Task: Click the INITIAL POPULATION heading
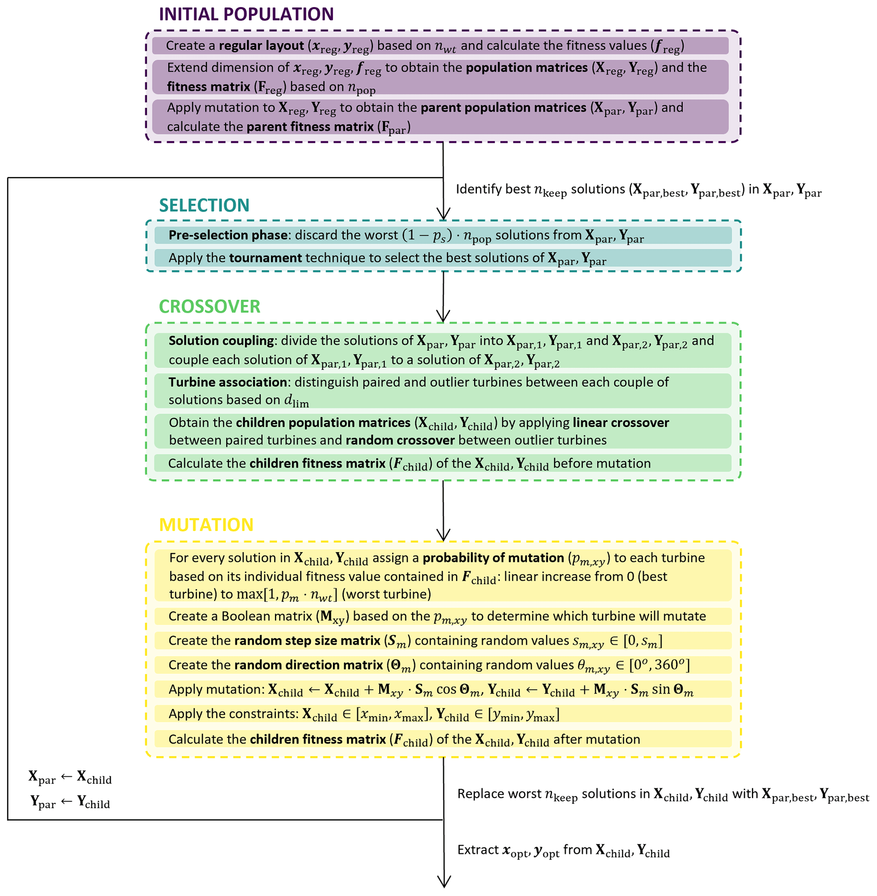(x=246, y=14)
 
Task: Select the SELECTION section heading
(x=204, y=205)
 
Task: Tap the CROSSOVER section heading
(x=210, y=307)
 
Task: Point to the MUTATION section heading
(x=206, y=525)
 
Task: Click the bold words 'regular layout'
(x=261, y=45)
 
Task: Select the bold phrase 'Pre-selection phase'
(x=228, y=236)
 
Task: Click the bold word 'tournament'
(x=265, y=258)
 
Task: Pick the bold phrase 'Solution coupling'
(x=221, y=341)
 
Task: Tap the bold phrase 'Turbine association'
(x=227, y=382)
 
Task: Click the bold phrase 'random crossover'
(x=400, y=441)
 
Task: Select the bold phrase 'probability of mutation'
(x=493, y=558)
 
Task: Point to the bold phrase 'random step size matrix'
(x=307, y=641)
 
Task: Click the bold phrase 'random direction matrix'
(x=308, y=665)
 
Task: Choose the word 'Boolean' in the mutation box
(x=243, y=616)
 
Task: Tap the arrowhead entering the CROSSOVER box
(x=443, y=317)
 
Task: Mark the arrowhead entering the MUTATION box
(x=443, y=536)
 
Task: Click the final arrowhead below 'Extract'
(x=443, y=882)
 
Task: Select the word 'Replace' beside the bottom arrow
(x=476, y=794)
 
